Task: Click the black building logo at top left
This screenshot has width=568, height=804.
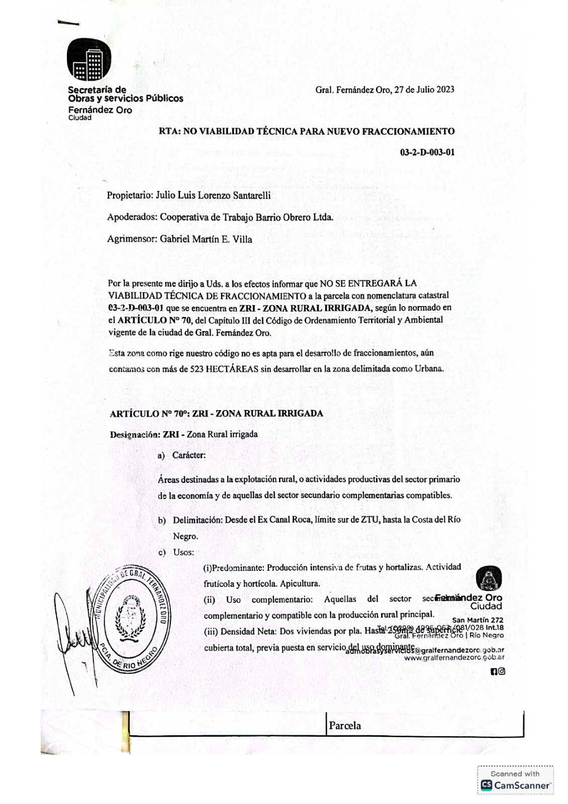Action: (x=89, y=59)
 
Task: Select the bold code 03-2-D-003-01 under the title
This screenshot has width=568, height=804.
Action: (x=427, y=152)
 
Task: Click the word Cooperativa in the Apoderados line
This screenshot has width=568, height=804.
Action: (x=184, y=218)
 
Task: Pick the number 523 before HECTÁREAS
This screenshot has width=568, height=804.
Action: (x=197, y=369)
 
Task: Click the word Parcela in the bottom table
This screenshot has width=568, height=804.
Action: (x=345, y=726)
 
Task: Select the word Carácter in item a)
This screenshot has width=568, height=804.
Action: (x=188, y=455)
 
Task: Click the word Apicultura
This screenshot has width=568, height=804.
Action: (x=300, y=584)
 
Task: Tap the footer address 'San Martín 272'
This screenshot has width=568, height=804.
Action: (x=478, y=620)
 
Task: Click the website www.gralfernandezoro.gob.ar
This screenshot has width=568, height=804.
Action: (x=454, y=657)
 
